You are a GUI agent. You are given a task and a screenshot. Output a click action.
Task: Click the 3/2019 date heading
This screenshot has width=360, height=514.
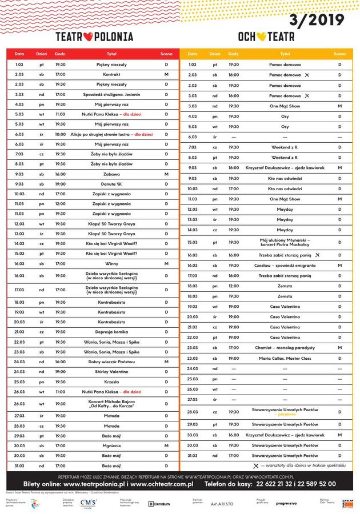tap(317, 21)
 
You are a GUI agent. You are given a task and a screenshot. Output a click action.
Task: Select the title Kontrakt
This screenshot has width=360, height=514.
tap(111, 75)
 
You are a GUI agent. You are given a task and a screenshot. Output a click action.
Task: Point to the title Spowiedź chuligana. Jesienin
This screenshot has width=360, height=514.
tap(111, 94)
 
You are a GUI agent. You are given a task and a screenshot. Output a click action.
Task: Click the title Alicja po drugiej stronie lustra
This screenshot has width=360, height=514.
tap(99, 134)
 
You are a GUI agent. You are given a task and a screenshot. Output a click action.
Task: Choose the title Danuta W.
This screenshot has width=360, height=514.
tap(111, 184)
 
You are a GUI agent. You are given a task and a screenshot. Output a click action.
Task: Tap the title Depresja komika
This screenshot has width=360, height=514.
tap(111, 332)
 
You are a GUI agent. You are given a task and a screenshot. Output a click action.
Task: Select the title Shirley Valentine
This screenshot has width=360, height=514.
tap(111, 372)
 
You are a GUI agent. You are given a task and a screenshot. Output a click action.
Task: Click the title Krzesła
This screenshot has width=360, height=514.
tap(111, 382)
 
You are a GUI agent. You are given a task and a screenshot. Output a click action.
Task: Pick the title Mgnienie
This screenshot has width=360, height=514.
tap(111, 446)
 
